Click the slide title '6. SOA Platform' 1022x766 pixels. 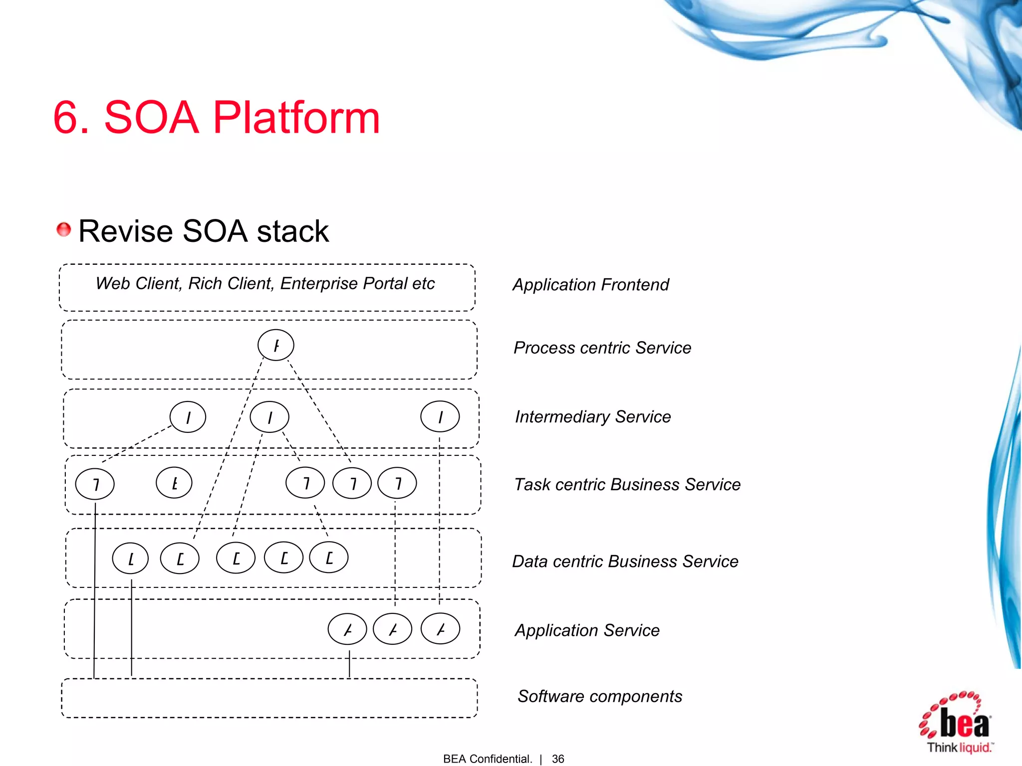click(217, 118)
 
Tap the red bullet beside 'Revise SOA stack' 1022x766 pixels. click(63, 229)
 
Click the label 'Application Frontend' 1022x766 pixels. click(591, 285)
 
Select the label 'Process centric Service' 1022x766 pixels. click(602, 348)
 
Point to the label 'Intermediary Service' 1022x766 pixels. click(593, 416)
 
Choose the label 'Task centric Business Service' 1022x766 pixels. click(627, 484)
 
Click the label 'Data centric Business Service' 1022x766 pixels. click(625, 562)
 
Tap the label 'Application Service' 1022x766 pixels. click(587, 630)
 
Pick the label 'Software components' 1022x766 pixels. click(600, 696)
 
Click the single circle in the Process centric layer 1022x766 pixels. click(276, 345)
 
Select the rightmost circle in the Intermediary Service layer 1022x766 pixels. click(440, 417)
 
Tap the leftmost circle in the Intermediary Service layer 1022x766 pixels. click(188, 417)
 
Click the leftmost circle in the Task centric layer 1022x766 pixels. click(95, 484)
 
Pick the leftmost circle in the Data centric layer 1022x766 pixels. click(130, 559)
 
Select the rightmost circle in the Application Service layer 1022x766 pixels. click(440, 629)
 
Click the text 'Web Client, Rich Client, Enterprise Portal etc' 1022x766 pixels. click(265, 283)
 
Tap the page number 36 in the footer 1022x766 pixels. click(558, 759)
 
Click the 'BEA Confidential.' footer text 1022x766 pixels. click(488, 759)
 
